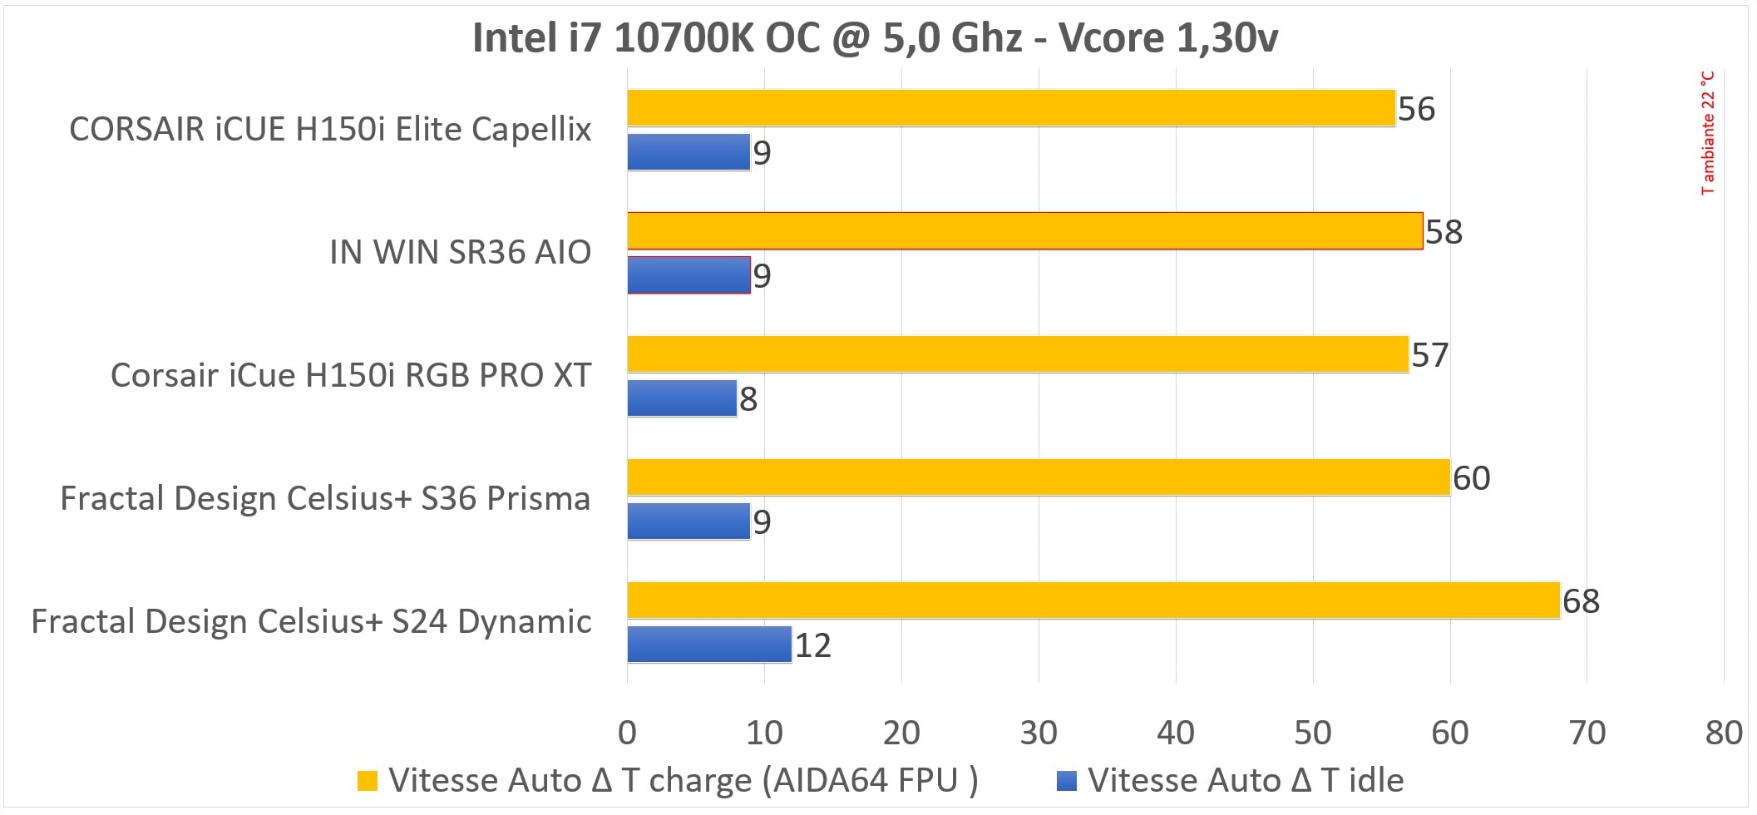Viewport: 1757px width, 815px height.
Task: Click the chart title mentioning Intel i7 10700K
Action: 875,38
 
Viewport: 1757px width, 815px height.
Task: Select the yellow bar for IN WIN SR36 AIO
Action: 1024,231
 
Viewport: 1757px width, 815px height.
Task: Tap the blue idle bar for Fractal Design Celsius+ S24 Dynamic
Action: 709,645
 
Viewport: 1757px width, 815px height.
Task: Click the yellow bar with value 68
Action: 1093,600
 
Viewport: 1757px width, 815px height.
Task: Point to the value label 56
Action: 1416,109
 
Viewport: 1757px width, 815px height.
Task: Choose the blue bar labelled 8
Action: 682,398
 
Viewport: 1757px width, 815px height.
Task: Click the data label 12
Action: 812,645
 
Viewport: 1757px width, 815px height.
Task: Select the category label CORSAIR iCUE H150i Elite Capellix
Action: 330,130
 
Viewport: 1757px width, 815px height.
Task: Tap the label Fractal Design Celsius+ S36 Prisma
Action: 325,499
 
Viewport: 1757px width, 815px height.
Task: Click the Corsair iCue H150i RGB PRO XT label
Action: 350,376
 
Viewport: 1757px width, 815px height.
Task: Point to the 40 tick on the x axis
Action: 1175,733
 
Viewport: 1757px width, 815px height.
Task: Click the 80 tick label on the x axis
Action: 1723,733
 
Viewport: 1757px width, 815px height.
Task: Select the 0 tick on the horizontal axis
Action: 627,733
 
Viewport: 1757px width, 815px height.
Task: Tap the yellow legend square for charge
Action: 367,781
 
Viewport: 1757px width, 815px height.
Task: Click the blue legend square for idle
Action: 1066,781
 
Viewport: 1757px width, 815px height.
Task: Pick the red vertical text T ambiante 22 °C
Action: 1707,133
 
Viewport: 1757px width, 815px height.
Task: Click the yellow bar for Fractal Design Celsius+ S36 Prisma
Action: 1038,477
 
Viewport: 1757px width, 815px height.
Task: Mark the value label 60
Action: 1471,478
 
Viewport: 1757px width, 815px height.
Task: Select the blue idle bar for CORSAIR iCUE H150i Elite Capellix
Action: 688,152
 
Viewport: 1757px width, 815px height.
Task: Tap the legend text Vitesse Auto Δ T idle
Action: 1246,781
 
